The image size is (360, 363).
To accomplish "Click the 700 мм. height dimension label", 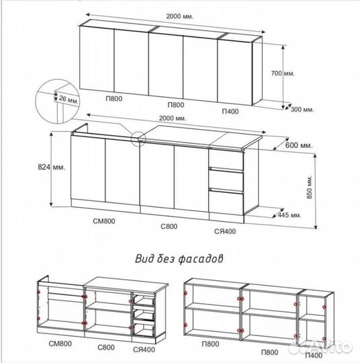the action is [x=283, y=73].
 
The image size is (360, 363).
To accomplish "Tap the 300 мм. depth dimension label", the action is [x=302, y=110].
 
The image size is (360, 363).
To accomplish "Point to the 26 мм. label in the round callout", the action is [x=69, y=99].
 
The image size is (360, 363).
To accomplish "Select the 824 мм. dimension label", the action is [x=51, y=167].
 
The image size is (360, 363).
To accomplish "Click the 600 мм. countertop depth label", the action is [x=299, y=146].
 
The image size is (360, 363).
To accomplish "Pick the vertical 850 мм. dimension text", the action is [x=310, y=187].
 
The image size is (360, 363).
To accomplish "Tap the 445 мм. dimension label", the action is [x=289, y=215].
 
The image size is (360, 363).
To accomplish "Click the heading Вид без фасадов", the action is [x=179, y=259].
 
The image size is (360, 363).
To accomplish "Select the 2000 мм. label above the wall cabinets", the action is [x=179, y=16].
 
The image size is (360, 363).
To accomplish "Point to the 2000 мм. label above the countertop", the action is [x=173, y=118].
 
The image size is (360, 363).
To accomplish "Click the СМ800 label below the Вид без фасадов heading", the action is [x=60, y=344].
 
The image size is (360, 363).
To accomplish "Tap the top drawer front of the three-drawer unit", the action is [x=226, y=159].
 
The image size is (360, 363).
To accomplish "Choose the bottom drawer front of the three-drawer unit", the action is [x=226, y=202].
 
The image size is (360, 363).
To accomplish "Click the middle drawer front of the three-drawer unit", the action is [x=226, y=180].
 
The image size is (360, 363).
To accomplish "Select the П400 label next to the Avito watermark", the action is [x=314, y=356].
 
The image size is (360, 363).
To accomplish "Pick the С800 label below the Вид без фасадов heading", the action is [x=106, y=348].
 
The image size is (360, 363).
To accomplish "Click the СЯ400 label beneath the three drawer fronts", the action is [x=225, y=231].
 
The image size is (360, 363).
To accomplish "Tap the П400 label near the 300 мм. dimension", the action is [x=230, y=112].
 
